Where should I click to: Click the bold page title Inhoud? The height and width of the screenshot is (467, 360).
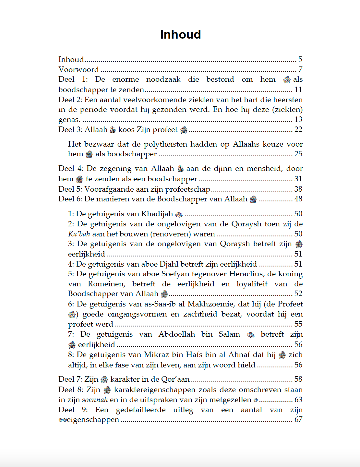(x=180, y=34)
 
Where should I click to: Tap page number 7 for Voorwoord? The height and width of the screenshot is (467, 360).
(x=300, y=69)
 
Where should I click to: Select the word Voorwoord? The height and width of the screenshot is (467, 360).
(x=78, y=69)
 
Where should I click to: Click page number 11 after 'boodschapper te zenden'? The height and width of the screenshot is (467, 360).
(x=298, y=90)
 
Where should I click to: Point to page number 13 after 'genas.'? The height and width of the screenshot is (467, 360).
(x=298, y=119)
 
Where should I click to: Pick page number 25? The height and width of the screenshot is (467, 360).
(x=298, y=154)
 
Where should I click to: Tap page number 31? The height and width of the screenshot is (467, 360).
(x=298, y=179)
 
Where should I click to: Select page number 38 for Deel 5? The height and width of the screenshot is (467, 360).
(x=298, y=189)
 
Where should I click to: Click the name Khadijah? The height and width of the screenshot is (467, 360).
(x=157, y=214)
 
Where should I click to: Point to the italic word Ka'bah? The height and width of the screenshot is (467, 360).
(x=79, y=234)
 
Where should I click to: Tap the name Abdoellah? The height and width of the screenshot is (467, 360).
(x=177, y=334)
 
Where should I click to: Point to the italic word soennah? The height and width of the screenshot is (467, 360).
(x=95, y=400)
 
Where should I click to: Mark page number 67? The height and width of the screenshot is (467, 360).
(x=298, y=420)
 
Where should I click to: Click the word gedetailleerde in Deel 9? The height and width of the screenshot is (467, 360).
(x=141, y=410)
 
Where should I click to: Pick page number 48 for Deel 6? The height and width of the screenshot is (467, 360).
(x=298, y=199)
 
